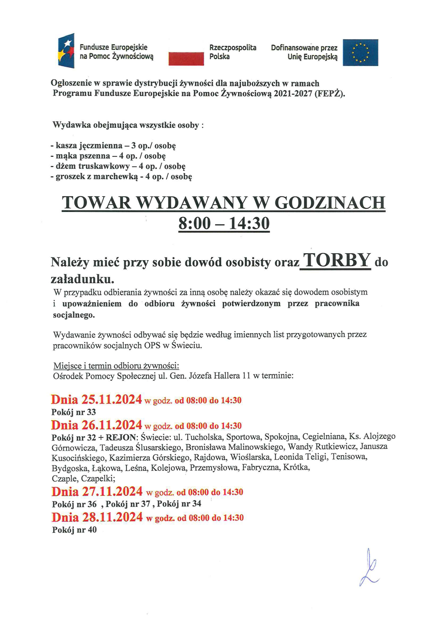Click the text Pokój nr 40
point(74,530)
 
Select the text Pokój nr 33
point(74,412)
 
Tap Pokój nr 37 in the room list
point(128,504)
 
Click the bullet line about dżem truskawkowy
point(118,166)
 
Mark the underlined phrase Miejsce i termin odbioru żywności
point(116,366)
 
